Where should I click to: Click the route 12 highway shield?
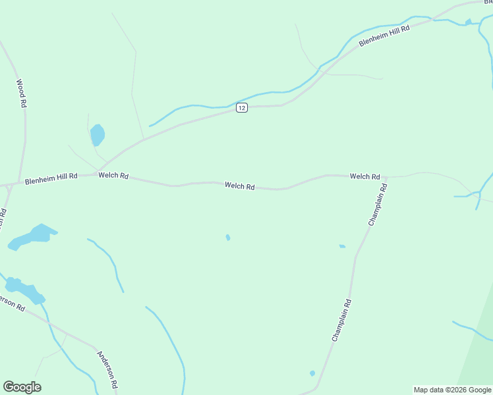pyautogui.click(x=242, y=108)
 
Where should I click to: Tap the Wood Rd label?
pyautogui.click(x=21, y=93)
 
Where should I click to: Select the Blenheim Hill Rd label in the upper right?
pyautogui.click(x=384, y=36)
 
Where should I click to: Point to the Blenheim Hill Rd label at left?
pyautogui.click(x=51, y=178)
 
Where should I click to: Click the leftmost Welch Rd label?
pyautogui.click(x=113, y=176)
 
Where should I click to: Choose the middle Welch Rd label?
pyautogui.click(x=239, y=186)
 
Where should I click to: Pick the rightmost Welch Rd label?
pyautogui.click(x=364, y=176)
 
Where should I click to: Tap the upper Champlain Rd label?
pyautogui.click(x=378, y=205)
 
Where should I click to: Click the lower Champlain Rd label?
pyautogui.click(x=341, y=320)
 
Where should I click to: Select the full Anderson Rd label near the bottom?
pyautogui.click(x=107, y=369)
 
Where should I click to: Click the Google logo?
pyautogui.click(x=22, y=387)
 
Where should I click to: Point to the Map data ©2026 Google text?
pyautogui.click(x=453, y=390)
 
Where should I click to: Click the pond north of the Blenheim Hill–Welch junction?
pyautogui.click(x=98, y=134)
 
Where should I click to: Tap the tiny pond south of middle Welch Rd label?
pyautogui.click(x=228, y=238)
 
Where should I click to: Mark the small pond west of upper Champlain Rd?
pyautogui.click(x=342, y=246)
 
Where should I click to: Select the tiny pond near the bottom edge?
pyautogui.click(x=312, y=373)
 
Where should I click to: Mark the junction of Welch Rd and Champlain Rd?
pyautogui.click(x=385, y=177)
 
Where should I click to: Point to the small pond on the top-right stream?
pyautogui.click(x=468, y=22)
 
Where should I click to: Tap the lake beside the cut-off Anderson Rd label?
pyautogui.click(x=24, y=290)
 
